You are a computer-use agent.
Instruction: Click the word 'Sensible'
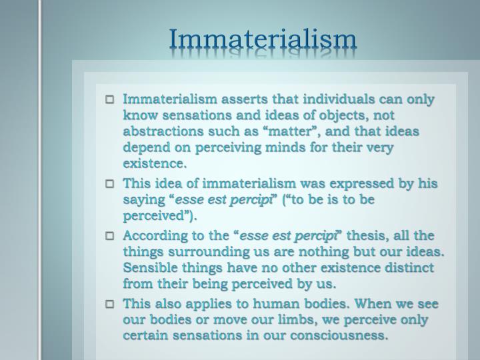[x=150, y=267]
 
